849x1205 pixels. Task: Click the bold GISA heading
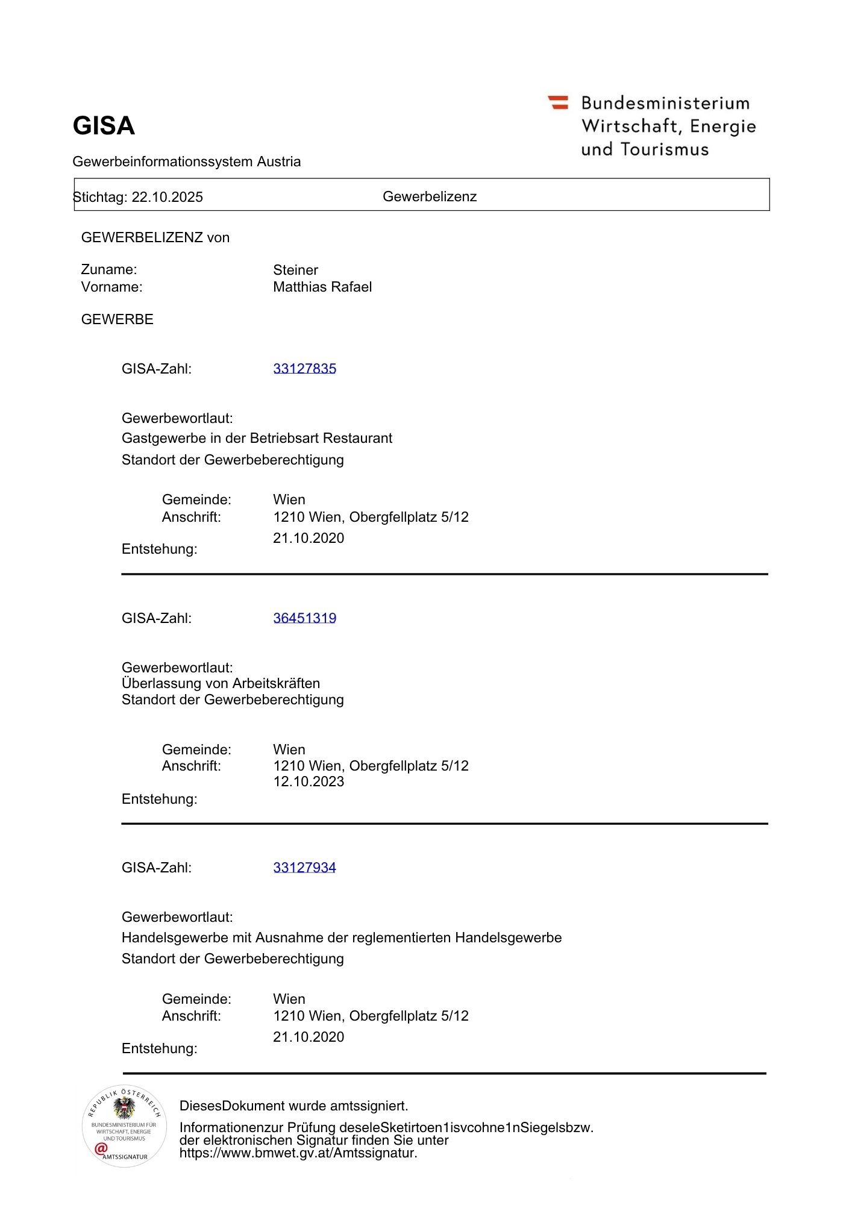click(104, 126)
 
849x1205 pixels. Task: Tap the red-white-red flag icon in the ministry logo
click(558, 102)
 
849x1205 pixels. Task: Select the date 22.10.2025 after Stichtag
click(168, 197)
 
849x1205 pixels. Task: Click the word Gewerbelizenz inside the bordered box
click(430, 196)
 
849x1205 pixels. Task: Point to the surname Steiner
click(295, 270)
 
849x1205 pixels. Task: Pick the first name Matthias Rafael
click(322, 287)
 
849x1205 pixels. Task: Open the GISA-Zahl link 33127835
click(304, 369)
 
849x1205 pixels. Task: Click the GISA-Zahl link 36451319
click(304, 618)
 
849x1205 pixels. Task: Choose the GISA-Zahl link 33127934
click(304, 868)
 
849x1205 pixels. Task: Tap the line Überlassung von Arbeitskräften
click(221, 683)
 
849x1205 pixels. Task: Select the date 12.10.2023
click(309, 781)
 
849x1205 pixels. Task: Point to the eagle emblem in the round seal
click(124, 1108)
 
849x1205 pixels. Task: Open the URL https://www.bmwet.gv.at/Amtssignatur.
click(298, 1153)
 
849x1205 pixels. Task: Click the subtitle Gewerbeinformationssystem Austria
click(186, 161)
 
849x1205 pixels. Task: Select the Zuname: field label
click(109, 269)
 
